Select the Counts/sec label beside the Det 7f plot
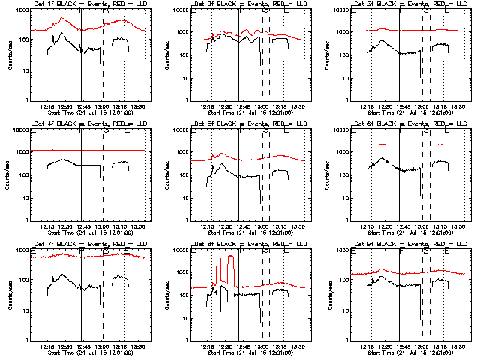[x=9, y=295]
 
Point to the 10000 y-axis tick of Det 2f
[x=180, y=10]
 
